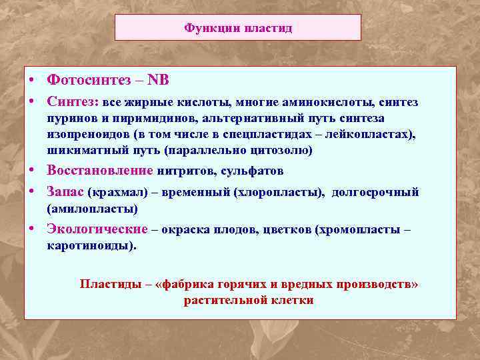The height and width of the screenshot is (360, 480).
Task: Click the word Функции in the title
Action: [204, 29]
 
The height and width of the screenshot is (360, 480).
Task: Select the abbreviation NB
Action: [158, 80]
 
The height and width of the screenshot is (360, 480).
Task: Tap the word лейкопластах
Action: [373, 135]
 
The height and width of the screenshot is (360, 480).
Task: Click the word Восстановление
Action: [100, 171]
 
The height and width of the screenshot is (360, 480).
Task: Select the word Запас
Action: [65, 192]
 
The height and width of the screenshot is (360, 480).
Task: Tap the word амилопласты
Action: [92, 209]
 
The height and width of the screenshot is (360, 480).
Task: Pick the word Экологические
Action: [97, 229]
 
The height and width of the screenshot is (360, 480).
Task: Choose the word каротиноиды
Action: [89, 245]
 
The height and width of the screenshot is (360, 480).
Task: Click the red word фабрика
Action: [191, 284]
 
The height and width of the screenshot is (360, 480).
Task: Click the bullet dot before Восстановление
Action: [32, 170]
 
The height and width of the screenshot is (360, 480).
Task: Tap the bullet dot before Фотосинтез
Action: [32, 79]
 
